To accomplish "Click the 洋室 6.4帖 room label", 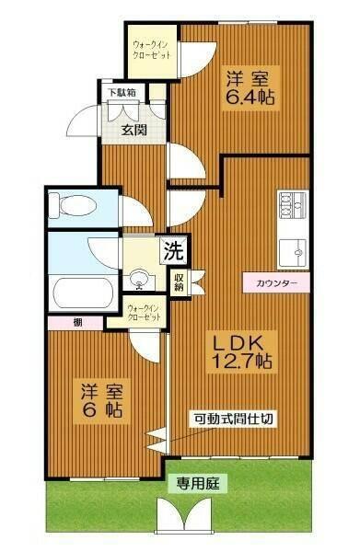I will (x=252, y=85).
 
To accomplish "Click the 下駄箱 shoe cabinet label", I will (x=122, y=92).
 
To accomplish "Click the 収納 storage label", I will (x=179, y=282).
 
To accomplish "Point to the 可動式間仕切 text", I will (x=232, y=419).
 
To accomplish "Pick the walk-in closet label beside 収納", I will (x=143, y=313).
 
